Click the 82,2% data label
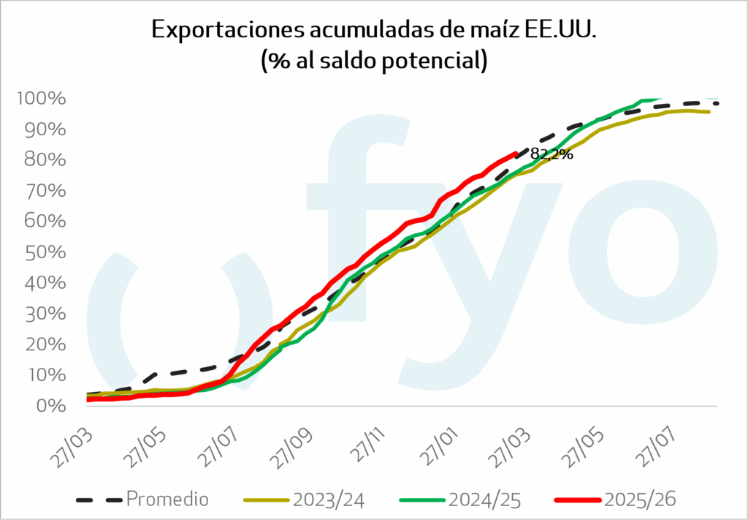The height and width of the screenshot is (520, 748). coord(552,154)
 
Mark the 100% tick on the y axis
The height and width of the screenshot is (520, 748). coord(43,99)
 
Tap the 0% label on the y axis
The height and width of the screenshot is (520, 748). coord(53,406)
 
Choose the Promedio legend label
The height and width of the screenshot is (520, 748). coord(167,500)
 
